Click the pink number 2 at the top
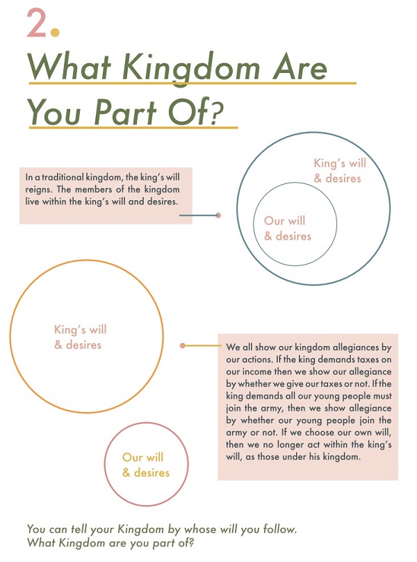tap(36, 23)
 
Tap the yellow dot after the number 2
tap(55, 33)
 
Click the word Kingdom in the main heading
tap(190, 69)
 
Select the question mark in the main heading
tap(215, 113)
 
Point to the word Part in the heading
tap(125, 112)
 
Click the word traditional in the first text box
tap(63, 177)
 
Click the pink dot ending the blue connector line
tap(218, 215)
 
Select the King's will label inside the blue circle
tap(340, 163)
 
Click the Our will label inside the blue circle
tap(284, 220)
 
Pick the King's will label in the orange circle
tap(81, 329)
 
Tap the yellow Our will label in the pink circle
tap(142, 457)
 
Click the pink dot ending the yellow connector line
tap(183, 345)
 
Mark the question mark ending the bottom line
tap(190, 543)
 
